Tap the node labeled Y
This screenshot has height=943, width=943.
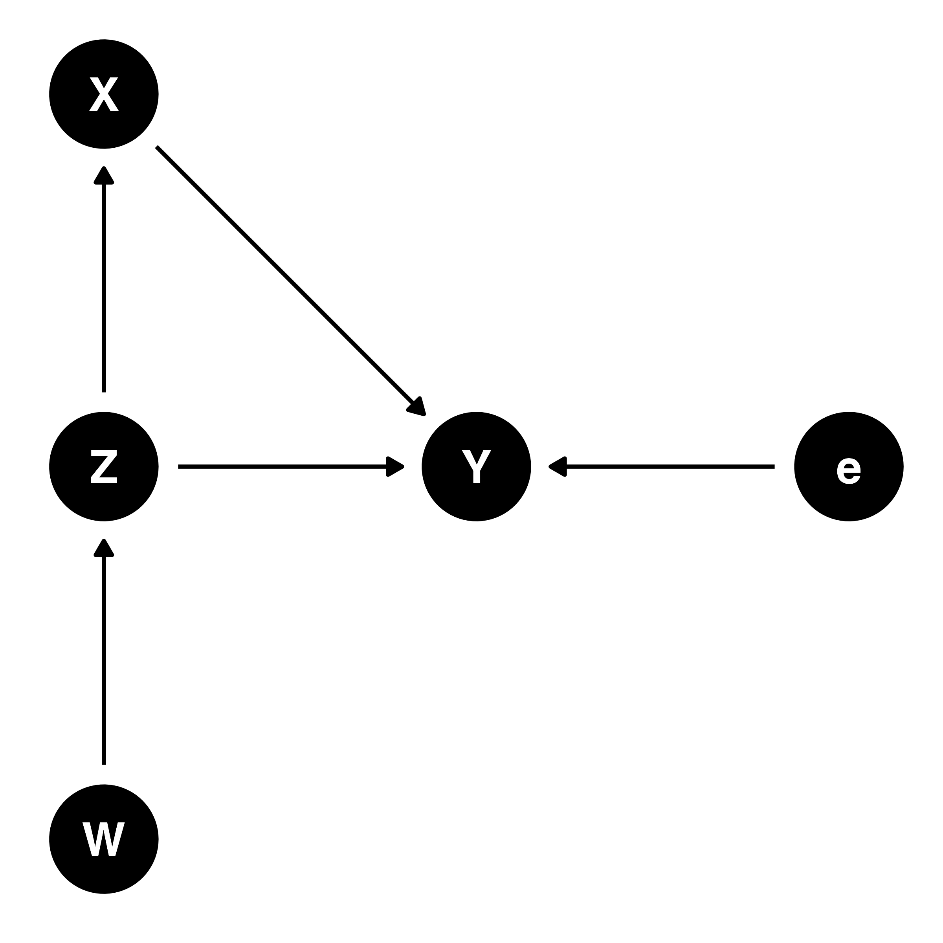(476, 467)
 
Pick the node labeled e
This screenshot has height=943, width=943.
(848, 467)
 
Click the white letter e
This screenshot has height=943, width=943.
(848, 471)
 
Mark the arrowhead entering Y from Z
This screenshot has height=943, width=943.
(394, 467)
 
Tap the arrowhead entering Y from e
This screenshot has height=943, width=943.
(559, 467)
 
